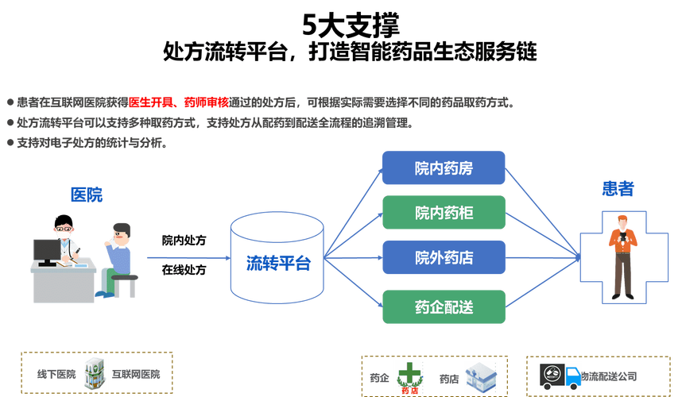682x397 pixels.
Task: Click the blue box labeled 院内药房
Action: pyautogui.click(x=443, y=168)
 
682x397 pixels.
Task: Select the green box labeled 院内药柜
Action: pyautogui.click(x=443, y=213)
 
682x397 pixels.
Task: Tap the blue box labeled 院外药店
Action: pyautogui.click(x=443, y=257)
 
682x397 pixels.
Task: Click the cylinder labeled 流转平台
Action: pyautogui.click(x=277, y=259)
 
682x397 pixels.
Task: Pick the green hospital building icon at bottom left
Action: pyautogui.click(x=95, y=372)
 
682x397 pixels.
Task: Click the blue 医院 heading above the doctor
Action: pyautogui.click(x=87, y=195)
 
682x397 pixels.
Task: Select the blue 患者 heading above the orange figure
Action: pyautogui.click(x=618, y=188)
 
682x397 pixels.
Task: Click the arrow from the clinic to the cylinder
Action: pyautogui.click(x=184, y=257)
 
